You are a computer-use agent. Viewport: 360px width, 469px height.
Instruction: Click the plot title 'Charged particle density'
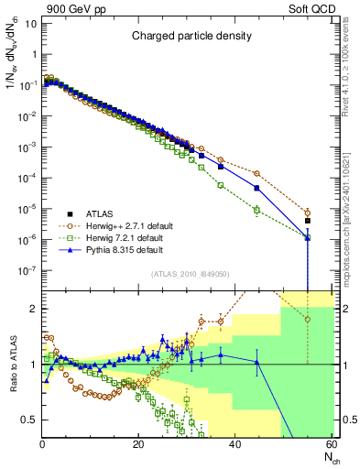click(189, 38)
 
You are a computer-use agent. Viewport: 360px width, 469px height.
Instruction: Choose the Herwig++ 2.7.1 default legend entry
click(124, 224)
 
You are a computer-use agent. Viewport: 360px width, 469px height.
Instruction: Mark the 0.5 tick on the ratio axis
click(30, 420)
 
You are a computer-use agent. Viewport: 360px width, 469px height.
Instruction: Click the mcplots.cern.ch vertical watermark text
click(349, 216)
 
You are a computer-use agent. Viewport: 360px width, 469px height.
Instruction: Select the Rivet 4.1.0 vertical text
click(349, 73)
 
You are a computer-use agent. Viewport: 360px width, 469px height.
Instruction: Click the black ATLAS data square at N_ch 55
click(308, 221)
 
